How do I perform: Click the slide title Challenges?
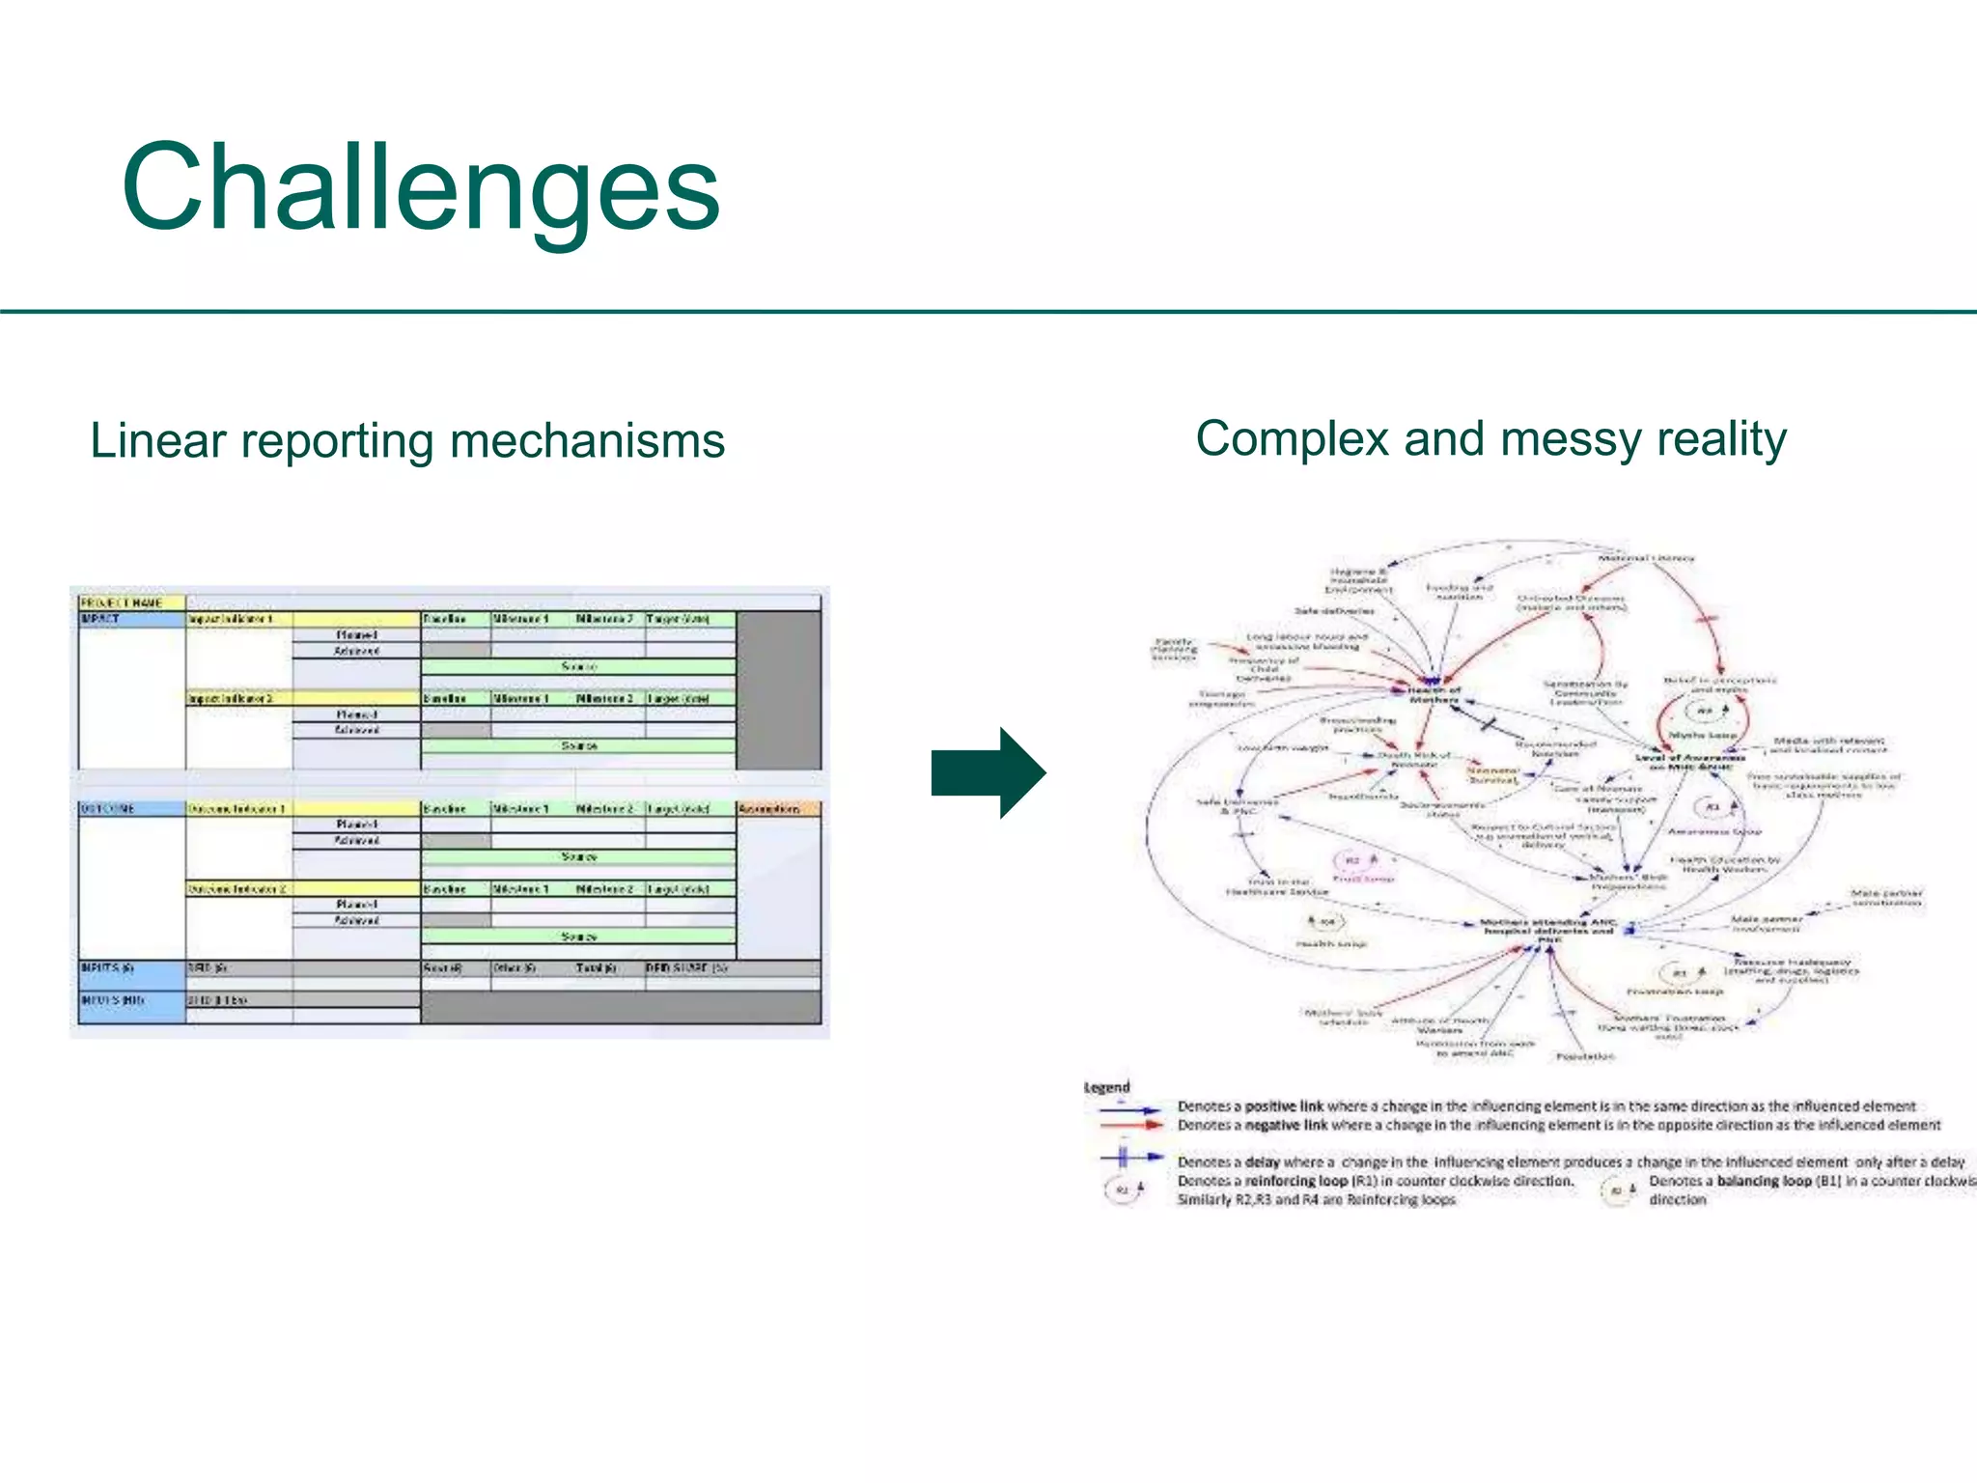click(421, 188)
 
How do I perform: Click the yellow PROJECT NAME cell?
click(130, 602)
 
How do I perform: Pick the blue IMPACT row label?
click(130, 619)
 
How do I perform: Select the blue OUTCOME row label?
click(130, 809)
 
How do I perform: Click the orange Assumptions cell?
click(777, 809)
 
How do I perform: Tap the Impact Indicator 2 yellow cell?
click(238, 698)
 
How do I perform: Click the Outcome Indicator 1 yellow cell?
click(238, 809)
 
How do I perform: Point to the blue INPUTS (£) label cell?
click(130, 967)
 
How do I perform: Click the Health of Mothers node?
click(1434, 694)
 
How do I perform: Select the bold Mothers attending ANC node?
click(1548, 930)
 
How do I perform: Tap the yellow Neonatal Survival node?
click(1493, 774)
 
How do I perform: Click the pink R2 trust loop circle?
click(1353, 860)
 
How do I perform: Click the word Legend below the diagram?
click(1106, 1087)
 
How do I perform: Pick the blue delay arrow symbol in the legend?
click(1130, 1158)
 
